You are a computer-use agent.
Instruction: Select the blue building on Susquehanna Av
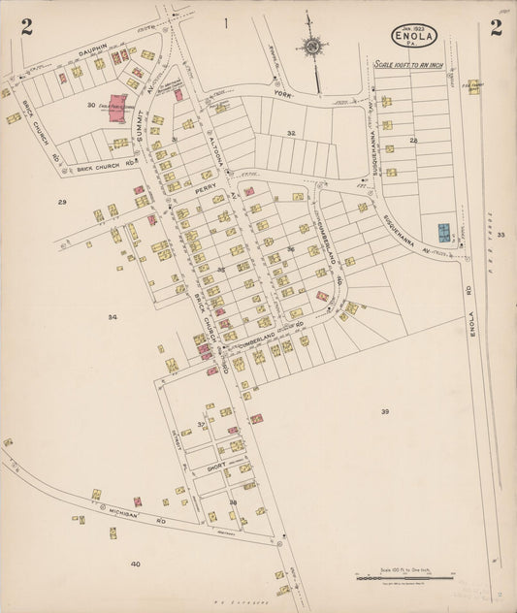[x=443, y=233]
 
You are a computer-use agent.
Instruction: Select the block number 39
[x=384, y=411]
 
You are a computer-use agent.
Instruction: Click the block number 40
[x=135, y=564]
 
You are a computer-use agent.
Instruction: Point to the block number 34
[x=113, y=317]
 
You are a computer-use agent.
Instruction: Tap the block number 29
[x=61, y=202]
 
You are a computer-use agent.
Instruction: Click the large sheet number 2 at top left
[x=26, y=27]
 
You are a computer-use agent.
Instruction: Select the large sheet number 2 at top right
[x=495, y=27]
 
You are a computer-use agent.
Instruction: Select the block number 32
[x=290, y=132]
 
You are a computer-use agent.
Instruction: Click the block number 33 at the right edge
[x=501, y=235]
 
